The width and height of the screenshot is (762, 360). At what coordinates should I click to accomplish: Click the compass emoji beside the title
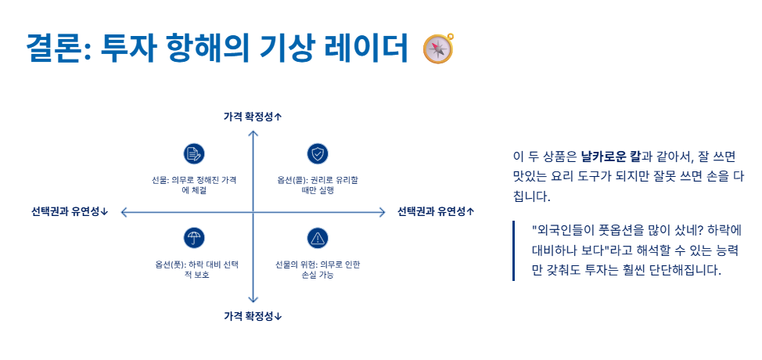click(x=438, y=49)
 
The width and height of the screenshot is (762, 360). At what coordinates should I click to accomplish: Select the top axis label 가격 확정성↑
click(x=252, y=117)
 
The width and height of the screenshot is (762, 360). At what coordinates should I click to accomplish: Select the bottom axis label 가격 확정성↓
click(x=252, y=316)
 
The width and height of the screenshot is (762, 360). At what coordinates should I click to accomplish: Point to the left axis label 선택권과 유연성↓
click(x=70, y=211)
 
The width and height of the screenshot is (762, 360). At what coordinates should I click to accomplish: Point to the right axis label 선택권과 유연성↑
click(x=436, y=211)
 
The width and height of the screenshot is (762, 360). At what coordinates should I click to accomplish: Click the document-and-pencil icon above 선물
click(x=193, y=153)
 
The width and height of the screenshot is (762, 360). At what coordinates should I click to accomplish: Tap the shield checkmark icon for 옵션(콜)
click(x=317, y=153)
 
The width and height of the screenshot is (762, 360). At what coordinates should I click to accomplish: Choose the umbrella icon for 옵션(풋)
click(x=193, y=239)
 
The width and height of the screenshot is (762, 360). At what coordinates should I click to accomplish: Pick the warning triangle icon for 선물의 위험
click(x=317, y=239)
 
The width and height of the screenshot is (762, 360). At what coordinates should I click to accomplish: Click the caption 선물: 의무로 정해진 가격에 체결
click(x=194, y=185)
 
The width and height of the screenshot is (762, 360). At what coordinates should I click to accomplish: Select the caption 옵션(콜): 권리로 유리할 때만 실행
click(x=317, y=185)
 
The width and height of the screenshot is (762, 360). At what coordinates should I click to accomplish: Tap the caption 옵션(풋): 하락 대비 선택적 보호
click(x=194, y=269)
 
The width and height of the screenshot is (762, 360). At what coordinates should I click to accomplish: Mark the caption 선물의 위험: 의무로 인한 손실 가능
click(x=317, y=269)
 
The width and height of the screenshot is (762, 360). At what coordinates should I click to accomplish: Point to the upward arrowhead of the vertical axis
click(x=253, y=134)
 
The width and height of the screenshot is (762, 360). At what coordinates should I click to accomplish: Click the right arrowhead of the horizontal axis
click(x=383, y=212)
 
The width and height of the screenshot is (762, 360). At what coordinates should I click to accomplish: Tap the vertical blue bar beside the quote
click(x=514, y=250)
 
